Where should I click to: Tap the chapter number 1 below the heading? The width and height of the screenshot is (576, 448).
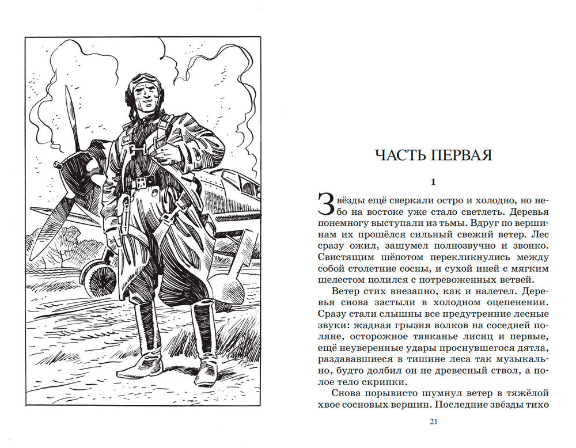pos(434,183)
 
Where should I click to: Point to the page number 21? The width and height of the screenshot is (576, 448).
pos(434,422)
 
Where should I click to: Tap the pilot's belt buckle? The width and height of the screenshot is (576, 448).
pos(139,184)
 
